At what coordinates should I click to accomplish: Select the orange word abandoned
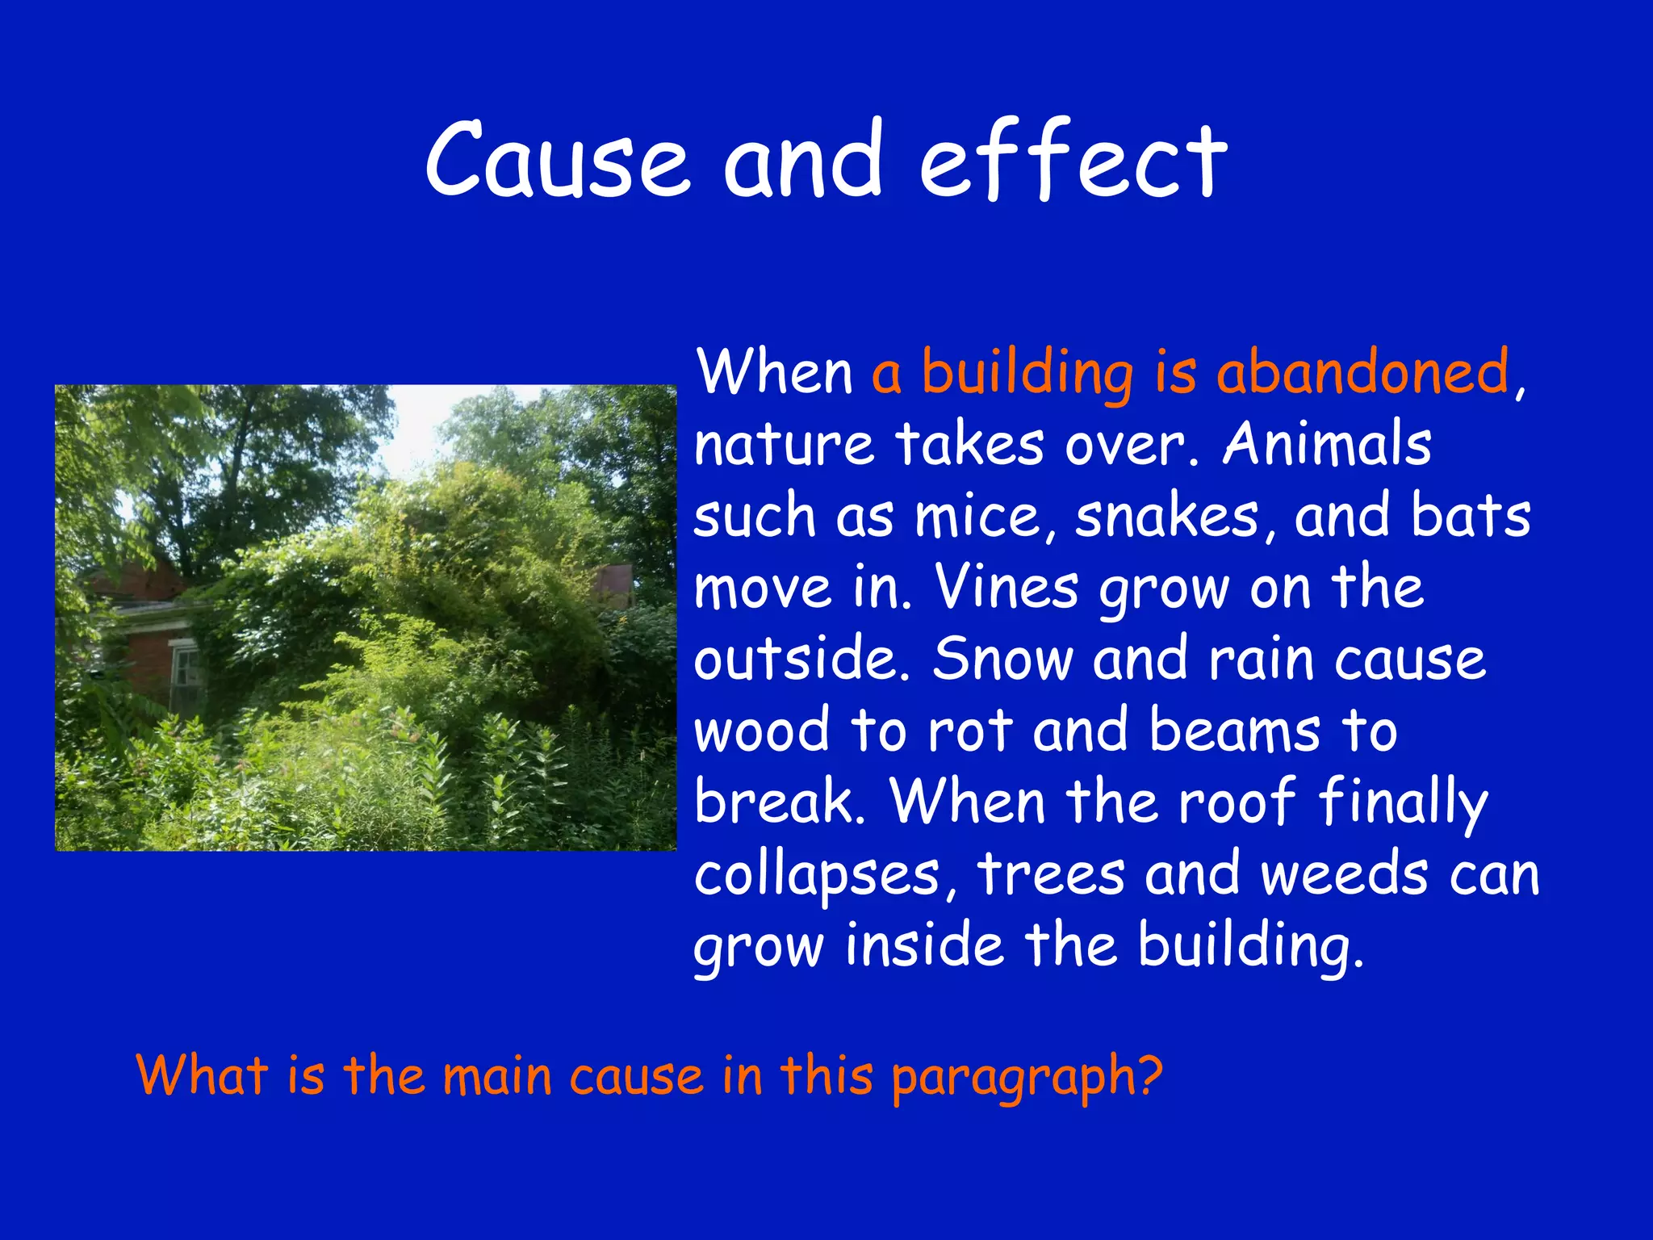[1362, 373]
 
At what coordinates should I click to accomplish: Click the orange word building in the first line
[1027, 373]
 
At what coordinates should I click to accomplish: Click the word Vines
[1006, 587]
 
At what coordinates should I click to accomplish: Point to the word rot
[969, 731]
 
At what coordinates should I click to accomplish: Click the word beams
[1235, 729]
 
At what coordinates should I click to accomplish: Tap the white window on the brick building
[186, 670]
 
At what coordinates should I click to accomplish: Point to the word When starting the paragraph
[775, 373]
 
